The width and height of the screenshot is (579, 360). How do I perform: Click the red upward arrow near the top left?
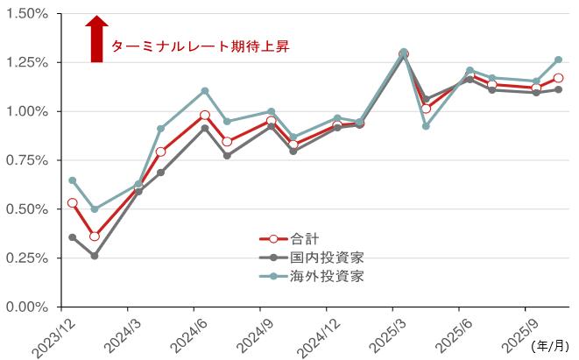pos(98,39)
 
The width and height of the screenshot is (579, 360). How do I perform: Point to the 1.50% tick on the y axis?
pos(28,14)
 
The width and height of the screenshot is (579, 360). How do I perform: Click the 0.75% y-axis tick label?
pos(28,160)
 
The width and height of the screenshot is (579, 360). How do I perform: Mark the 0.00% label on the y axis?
pos(28,307)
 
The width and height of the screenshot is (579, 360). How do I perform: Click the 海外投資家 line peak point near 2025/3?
pos(404,53)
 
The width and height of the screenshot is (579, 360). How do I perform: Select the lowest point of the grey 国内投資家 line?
pos(95,256)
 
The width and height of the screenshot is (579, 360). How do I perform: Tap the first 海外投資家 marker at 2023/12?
pos(73,180)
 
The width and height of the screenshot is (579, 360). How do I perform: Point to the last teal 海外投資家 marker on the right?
pos(558,60)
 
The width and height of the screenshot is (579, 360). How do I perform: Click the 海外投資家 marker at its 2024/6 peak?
pos(205,91)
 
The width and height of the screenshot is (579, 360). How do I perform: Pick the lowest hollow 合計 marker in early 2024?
pos(95,236)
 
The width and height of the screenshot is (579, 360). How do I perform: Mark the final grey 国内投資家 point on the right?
pos(558,89)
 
